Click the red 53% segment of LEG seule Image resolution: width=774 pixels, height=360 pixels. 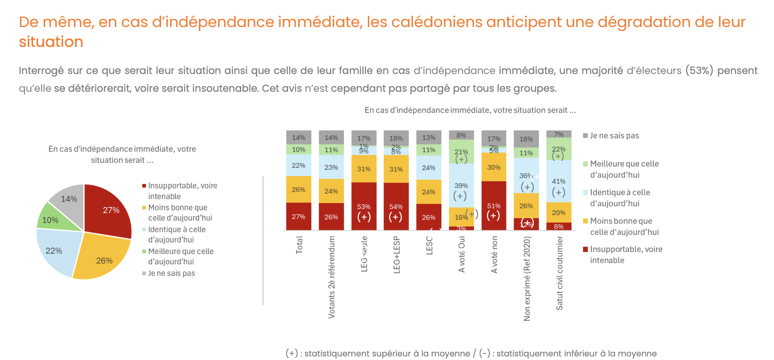pos(364,206)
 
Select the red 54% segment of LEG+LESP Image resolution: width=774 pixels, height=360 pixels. pos(396,206)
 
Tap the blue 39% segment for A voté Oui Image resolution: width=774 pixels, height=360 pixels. pos(461,185)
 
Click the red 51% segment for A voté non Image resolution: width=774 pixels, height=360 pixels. pos(494,206)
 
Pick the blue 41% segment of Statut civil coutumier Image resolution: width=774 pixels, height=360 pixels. pos(559,181)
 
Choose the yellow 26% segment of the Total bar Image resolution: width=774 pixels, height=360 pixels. pos(298,190)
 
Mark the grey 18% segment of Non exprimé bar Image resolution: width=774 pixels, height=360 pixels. pos(526,139)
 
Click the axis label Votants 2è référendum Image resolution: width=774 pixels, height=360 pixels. pos(332,277)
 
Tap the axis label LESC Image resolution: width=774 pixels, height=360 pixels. pos(429,245)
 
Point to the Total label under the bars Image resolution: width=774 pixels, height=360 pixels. pos(299,245)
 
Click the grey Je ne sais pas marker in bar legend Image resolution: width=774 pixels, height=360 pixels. pos(585,136)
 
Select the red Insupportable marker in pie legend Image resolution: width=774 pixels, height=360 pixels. pos(144,186)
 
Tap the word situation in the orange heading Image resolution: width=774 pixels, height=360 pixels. pos(51,42)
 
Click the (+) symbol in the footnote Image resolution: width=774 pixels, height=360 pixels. pos(292,353)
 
